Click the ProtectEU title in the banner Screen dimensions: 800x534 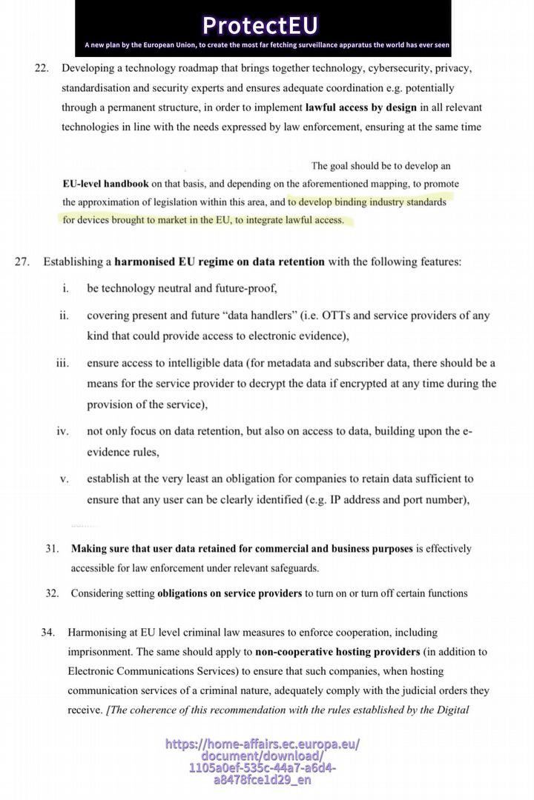[x=260, y=25]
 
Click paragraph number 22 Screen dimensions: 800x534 [x=42, y=68]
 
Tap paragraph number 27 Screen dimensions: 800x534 [x=22, y=261]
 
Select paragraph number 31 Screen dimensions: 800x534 [x=52, y=549]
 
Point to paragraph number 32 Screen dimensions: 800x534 [x=52, y=593]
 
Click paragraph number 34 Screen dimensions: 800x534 [x=48, y=633]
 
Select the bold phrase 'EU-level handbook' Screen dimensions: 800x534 [x=105, y=183]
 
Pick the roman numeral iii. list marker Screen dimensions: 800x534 [x=62, y=363]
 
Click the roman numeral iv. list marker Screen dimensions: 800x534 [x=63, y=431]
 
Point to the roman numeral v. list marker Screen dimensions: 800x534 [x=65, y=479]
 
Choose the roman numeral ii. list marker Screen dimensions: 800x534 [x=64, y=316]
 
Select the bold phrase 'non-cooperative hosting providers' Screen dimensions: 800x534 [x=337, y=652]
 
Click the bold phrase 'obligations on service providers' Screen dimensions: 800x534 [x=229, y=593]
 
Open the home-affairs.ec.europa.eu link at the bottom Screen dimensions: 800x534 [x=263, y=761]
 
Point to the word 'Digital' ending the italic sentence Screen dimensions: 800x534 [x=451, y=710]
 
